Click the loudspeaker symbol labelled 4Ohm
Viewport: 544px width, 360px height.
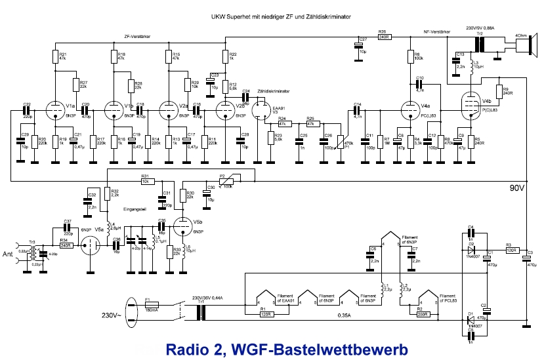(524, 44)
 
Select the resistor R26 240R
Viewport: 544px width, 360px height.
(385, 37)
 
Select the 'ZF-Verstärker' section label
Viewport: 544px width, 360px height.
(139, 37)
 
